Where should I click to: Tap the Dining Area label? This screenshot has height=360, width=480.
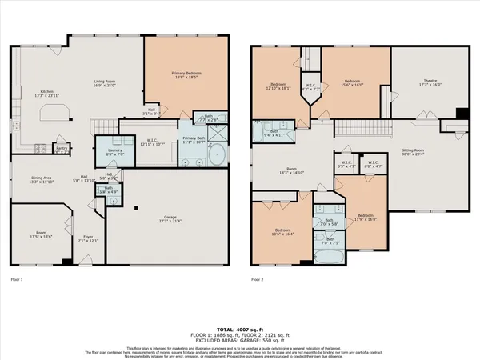pyautogui.click(x=40, y=180)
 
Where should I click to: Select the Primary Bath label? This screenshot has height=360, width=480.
pyautogui.click(x=195, y=141)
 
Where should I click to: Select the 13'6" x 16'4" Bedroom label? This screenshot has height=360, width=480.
pyautogui.click(x=279, y=232)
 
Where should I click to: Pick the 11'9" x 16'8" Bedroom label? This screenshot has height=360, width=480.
pyautogui.click(x=365, y=218)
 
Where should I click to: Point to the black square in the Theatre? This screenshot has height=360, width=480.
pyautogui.click(x=461, y=113)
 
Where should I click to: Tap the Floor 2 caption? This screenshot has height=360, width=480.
pyautogui.click(x=258, y=279)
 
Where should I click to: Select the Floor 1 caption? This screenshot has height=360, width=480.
pyautogui.click(x=17, y=279)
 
